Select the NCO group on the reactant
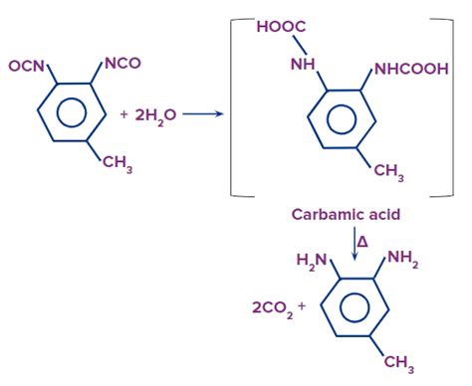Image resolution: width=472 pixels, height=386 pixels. pyautogui.click(x=121, y=64)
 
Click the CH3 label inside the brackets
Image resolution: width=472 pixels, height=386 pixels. pyautogui.click(x=388, y=173)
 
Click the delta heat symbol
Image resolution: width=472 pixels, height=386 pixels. pyautogui.click(x=362, y=240)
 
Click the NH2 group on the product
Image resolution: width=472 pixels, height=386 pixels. pyautogui.click(x=402, y=260)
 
